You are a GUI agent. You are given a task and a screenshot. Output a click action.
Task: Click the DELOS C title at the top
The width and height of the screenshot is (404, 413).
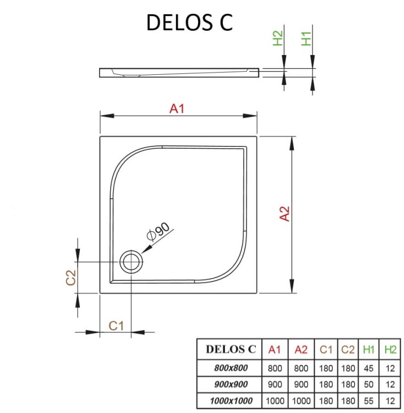coord(190,22)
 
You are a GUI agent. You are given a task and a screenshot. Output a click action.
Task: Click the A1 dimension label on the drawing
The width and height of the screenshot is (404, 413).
coord(176,108)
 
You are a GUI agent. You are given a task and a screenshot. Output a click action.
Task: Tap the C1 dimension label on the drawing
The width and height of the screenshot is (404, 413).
coord(116,325)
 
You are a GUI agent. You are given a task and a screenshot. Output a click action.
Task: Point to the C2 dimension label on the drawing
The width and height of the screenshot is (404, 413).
coord(71,278)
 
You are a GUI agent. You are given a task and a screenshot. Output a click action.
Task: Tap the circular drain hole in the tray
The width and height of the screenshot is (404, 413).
coord(131,261)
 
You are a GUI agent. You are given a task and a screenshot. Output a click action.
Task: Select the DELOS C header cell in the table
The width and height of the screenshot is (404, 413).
coord(230,349)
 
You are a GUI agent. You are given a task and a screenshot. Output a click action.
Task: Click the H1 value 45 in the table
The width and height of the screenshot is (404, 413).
coord(369,367)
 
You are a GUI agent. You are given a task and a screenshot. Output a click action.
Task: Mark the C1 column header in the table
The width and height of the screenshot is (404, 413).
coord(326,349)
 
